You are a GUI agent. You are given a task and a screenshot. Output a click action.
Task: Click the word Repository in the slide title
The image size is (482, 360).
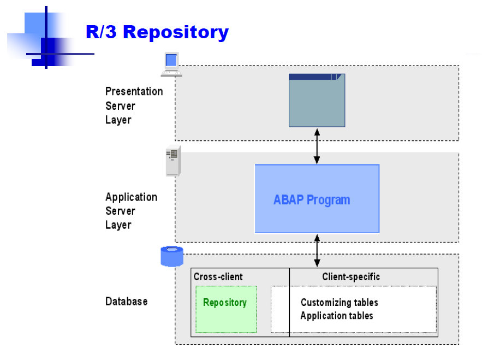(x=176, y=32)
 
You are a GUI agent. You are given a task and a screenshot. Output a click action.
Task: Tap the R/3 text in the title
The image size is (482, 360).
(x=101, y=32)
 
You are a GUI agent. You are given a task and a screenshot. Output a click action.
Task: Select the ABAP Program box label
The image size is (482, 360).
(x=312, y=200)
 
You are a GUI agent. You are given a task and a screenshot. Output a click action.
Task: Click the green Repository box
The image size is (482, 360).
(x=226, y=309)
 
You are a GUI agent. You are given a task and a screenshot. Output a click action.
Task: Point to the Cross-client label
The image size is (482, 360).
(x=218, y=276)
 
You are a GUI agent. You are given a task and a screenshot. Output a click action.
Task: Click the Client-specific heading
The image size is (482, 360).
(x=351, y=277)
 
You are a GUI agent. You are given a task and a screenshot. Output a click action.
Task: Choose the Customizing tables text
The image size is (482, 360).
(x=340, y=303)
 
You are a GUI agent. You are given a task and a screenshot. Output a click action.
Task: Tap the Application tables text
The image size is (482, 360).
(x=337, y=316)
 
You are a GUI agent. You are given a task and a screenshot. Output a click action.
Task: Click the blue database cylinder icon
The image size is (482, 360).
(x=172, y=256)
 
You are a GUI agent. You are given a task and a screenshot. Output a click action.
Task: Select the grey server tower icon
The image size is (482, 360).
(x=174, y=161)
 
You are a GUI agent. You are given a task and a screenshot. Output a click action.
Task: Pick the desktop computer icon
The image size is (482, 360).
(x=171, y=64)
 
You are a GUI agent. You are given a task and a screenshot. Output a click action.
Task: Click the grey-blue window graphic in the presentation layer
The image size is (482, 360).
(x=317, y=101)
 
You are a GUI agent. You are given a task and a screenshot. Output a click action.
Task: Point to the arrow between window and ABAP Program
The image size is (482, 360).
(x=317, y=146)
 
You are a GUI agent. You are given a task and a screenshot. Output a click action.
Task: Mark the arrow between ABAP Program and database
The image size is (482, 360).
(x=317, y=251)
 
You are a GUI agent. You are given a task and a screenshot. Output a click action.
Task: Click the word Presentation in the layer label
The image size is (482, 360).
(x=134, y=91)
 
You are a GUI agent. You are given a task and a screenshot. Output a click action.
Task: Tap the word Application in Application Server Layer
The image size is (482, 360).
(x=131, y=197)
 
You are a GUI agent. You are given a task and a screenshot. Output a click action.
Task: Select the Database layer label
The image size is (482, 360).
(x=126, y=301)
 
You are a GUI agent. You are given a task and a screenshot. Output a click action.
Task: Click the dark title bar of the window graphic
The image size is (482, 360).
(x=317, y=77)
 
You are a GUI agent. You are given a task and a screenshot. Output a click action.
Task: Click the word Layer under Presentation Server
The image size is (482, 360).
(x=118, y=120)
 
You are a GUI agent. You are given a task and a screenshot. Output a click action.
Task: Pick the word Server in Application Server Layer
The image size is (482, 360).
(x=120, y=211)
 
